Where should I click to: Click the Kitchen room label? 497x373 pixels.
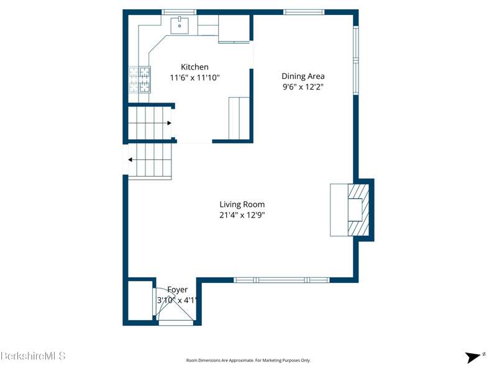pos(194,67)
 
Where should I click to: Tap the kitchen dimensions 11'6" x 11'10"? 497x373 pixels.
pos(194,77)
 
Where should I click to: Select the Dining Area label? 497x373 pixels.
pos(303,76)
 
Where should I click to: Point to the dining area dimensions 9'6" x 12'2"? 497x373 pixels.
pos(303,86)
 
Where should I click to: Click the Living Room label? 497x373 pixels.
pos(242,205)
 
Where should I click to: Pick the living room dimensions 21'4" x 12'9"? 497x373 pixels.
pos(242,215)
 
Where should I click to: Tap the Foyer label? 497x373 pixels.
pos(178,290)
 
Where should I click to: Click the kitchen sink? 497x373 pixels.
pos(180,25)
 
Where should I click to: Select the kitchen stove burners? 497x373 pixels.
pos(139,80)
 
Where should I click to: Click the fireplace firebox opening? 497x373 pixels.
pos(355,210)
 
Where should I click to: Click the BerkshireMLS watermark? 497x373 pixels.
pos(33,356)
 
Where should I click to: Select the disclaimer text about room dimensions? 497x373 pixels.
pos(248,361)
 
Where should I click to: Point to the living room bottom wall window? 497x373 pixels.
pos(282,280)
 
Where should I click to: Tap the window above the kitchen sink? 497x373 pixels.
pos(179,12)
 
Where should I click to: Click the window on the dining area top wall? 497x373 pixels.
pos(304,12)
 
